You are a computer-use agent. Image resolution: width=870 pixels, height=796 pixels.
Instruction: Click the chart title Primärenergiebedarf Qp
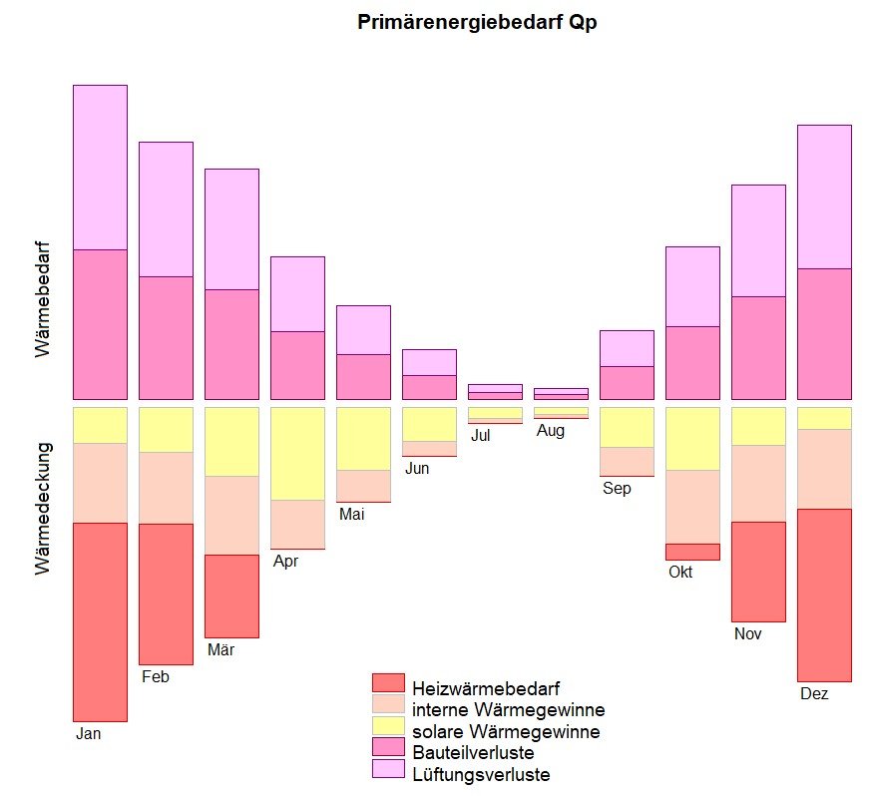coord(476,23)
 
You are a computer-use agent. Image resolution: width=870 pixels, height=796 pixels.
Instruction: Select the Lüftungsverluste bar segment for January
coord(100,167)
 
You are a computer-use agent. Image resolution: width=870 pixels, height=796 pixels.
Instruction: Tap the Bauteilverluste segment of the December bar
coord(824,332)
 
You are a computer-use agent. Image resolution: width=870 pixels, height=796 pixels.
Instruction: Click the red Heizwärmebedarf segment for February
coord(166,594)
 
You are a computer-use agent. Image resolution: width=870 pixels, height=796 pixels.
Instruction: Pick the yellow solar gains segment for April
coord(297,453)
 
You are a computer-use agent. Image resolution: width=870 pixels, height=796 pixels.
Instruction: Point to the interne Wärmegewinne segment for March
coord(231,515)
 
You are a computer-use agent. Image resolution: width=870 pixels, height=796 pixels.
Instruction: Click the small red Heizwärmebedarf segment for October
coord(692,552)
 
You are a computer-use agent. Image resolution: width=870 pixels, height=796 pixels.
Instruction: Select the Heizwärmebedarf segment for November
coord(758,571)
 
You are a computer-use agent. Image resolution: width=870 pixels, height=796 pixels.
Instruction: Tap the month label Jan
coord(89,734)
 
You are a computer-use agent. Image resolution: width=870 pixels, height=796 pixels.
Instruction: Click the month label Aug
coord(552,431)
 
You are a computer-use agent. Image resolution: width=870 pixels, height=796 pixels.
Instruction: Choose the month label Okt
coord(680,573)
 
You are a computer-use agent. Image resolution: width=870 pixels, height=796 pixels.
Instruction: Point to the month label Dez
coord(814,694)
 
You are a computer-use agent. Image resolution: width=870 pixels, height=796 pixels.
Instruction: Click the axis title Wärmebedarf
coord(42,298)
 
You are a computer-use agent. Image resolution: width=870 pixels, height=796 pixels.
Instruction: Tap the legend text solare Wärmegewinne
coord(506,732)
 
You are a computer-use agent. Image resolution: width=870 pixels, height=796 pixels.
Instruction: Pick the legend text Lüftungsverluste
coord(481,774)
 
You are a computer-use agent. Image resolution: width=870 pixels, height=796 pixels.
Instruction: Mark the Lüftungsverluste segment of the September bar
coord(627,348)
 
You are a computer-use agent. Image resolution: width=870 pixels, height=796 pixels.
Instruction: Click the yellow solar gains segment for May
coord(363,438)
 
